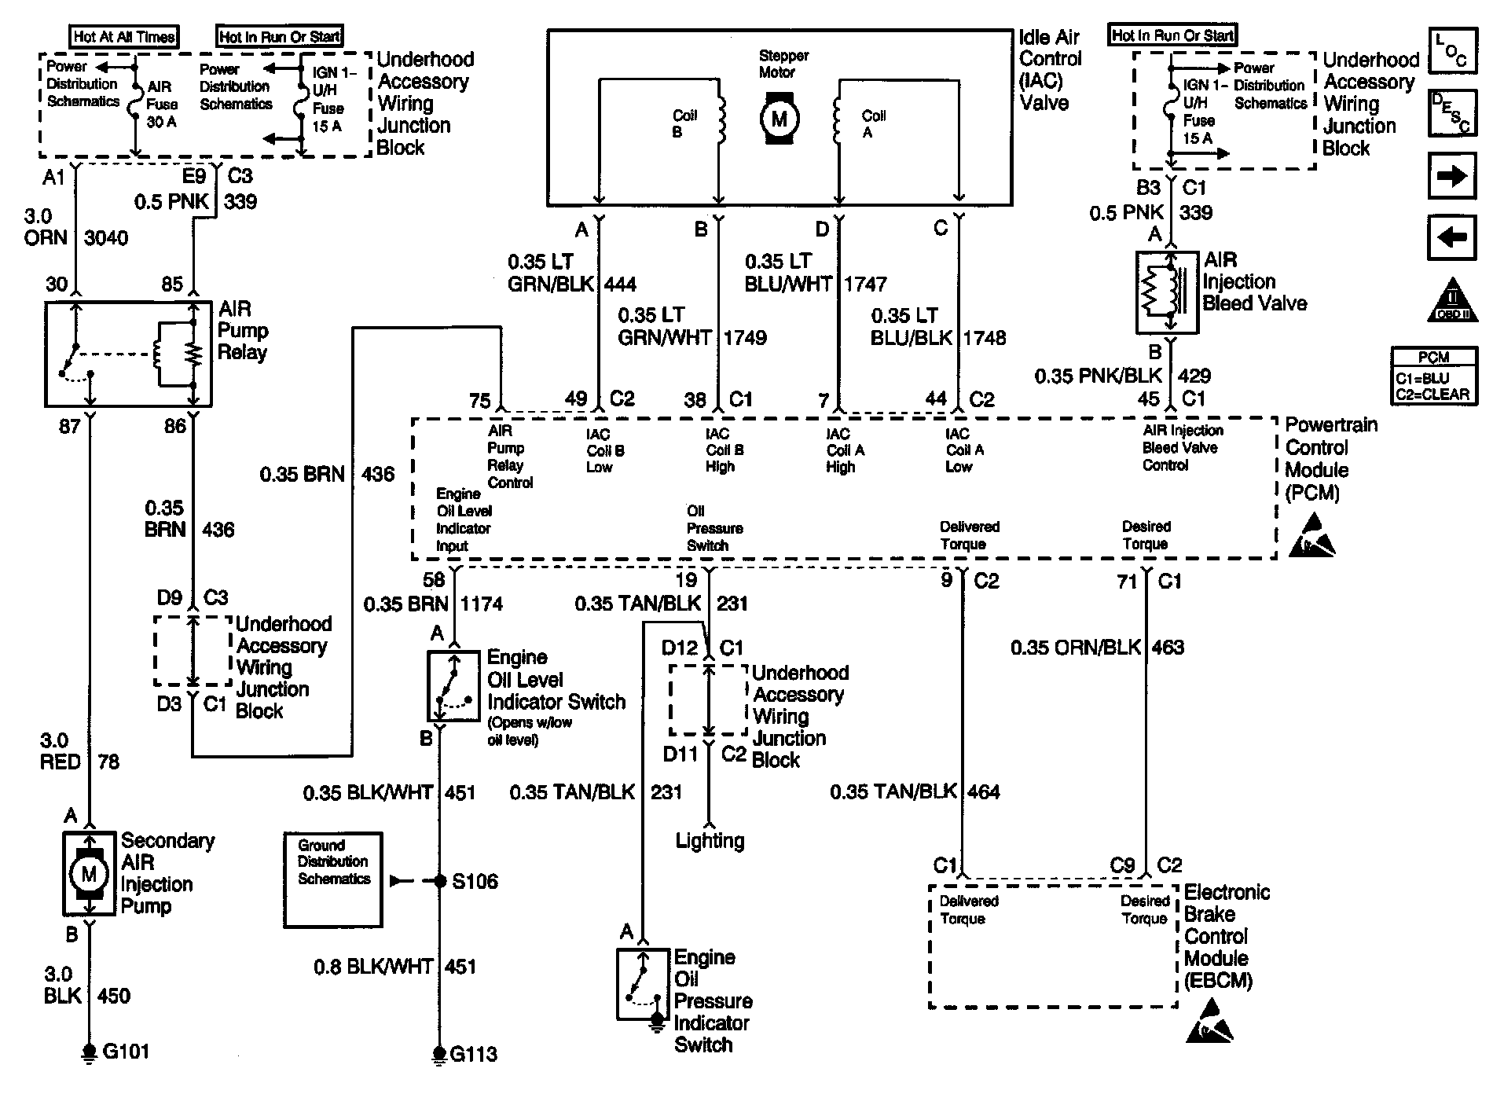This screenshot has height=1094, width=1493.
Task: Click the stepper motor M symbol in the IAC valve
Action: coord(779,119)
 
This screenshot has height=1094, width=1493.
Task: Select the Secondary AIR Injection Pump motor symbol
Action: coord(89,872)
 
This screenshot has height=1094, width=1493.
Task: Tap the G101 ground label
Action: coord(126,1052)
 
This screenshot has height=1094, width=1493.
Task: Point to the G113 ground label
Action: coord(473,1054)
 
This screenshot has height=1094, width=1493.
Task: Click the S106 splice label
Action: coord(475,881)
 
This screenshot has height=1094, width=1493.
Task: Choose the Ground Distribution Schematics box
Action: coord(333,879)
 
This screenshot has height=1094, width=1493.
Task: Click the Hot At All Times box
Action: coord(124,36)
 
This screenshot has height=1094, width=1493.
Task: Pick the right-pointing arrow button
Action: coord(1451,175)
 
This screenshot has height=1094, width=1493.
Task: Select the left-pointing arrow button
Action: coord(1451,237)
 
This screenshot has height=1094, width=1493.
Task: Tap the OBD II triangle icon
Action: coord(1452,299)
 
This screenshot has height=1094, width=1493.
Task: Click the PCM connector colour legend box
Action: coord(1432,376)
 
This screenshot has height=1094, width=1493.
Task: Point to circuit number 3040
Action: coord(105,237)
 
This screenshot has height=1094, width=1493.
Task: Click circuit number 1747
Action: coord(865,284)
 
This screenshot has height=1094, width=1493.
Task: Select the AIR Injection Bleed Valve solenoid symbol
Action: coord(1167,292)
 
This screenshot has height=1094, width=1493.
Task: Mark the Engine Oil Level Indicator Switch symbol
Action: coord(453,686)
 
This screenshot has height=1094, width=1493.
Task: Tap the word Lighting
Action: coord(710,841)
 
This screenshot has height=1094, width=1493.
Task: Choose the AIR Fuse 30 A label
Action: coord(163,105)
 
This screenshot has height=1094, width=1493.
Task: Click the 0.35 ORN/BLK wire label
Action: coord(1075,648)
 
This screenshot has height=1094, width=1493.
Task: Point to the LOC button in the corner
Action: coord(1451,51)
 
